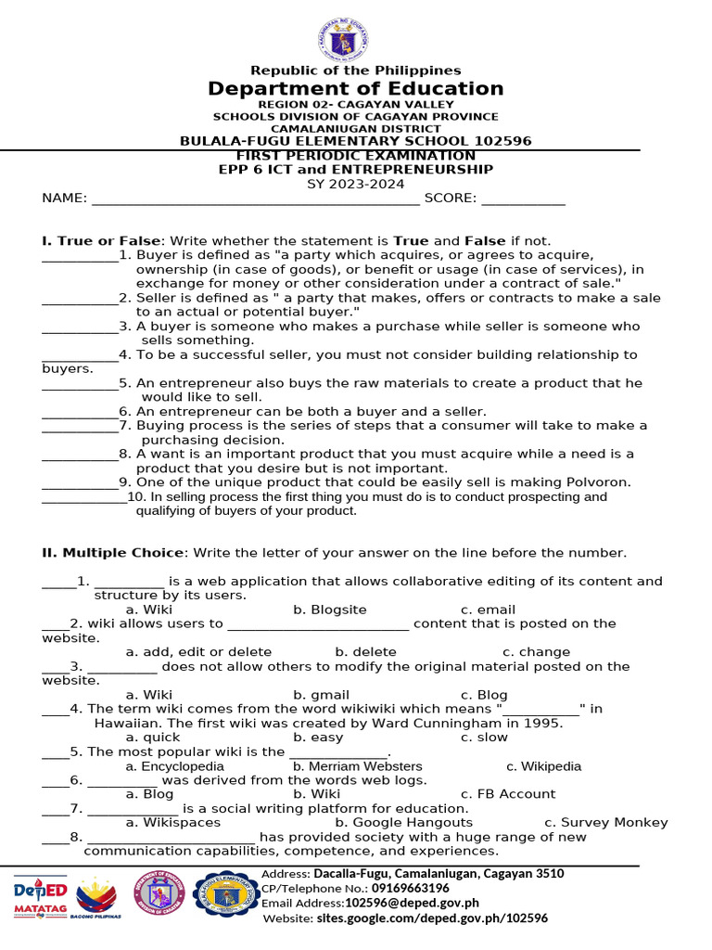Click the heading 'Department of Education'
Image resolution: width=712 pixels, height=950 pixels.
pyautogui.click(x=355, y=89)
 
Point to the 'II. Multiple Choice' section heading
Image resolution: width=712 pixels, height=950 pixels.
pyautogui.click(x=112, y=553)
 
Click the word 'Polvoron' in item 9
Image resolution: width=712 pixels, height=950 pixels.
pyautogui.click(x=600, y=482)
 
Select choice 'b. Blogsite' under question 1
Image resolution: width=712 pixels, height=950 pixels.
pyautogui.click(x=330, y=610)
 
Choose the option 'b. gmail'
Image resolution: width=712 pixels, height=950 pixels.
pyautogui.click(x=322, y=695)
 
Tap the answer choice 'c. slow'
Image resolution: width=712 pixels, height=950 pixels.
pyautogui.click(x=484, y=738)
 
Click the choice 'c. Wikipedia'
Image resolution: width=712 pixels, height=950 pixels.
pyautogui.click(x=543, y=766)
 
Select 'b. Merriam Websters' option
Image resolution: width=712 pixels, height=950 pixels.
pyautogui.click(x=357, y=766)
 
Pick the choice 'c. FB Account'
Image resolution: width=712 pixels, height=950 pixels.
pyautogui.click(x=508, y=794)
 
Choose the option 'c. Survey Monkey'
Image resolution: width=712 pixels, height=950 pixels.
pyautogui.click(x=605, y=823)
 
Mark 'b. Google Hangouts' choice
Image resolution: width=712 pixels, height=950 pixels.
pyautogui.click(x=403, y=823)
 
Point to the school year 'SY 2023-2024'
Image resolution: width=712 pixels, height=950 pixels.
pyautogui.click(x=355, y=184)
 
